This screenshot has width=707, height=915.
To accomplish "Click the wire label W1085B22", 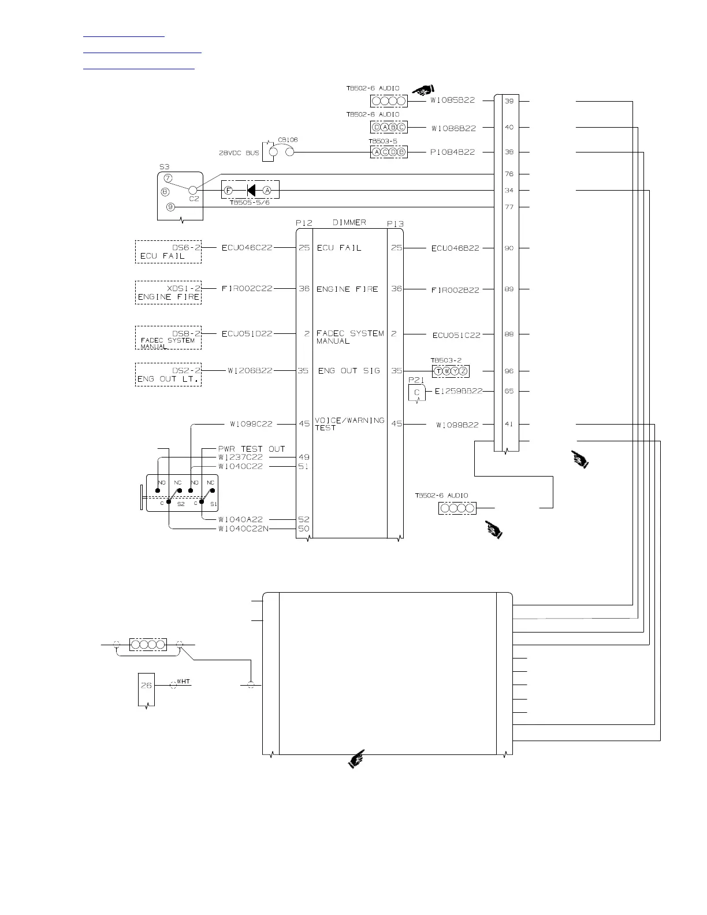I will (453, 101).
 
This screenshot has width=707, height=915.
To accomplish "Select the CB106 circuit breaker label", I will (288, 140).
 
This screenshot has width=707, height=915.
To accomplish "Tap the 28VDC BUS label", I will (238, 153).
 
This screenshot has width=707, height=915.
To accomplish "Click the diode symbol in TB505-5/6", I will (251, 190).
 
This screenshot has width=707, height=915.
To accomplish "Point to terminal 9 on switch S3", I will (170, 207).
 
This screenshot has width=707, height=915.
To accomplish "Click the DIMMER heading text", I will (349, 222).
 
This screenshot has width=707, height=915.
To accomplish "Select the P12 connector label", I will (304, 223).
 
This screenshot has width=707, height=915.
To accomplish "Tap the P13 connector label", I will (395, 224).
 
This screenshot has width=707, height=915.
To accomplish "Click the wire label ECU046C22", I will (247, 248).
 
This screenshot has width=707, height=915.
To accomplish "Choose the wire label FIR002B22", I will (455, 290).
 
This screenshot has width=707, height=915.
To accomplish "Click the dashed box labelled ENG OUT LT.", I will (168, 374).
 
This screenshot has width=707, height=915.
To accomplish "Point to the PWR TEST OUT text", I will (251, 449).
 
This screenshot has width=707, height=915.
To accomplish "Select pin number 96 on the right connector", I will (509, 371).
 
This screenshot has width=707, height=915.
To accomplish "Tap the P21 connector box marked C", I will (416, 393).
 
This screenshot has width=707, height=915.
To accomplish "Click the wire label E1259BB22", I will (459, 391).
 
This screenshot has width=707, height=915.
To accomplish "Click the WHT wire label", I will (183, 682).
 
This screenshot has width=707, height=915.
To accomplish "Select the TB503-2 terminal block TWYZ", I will (451, 371).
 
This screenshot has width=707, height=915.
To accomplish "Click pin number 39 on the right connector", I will (509, 101).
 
